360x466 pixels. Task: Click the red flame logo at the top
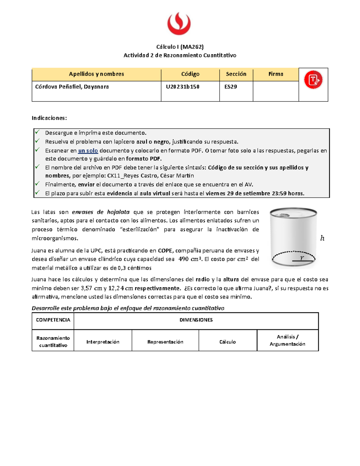(179, 23)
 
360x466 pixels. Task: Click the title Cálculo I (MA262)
(180, 47)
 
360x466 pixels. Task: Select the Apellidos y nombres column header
(96, 74)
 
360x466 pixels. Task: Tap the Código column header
(190, 74)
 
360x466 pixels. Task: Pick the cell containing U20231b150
(183, 87)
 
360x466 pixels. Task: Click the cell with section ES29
(231, 87)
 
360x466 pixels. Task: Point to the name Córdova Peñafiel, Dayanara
(72, 87)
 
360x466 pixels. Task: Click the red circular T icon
(313, 80)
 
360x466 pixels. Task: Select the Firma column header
(276, 74)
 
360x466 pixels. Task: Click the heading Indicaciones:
(49, 118)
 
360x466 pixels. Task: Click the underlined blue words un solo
(88, 151)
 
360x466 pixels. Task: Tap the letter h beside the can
(322, 238)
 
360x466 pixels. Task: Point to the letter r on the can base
(302, 258)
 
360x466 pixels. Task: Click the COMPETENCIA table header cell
(53, 320)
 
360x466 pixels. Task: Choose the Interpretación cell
(103, 342)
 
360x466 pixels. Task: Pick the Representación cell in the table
(165, 342)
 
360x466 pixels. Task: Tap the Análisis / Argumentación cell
(287, 341)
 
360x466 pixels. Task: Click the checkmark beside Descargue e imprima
(37, 132)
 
